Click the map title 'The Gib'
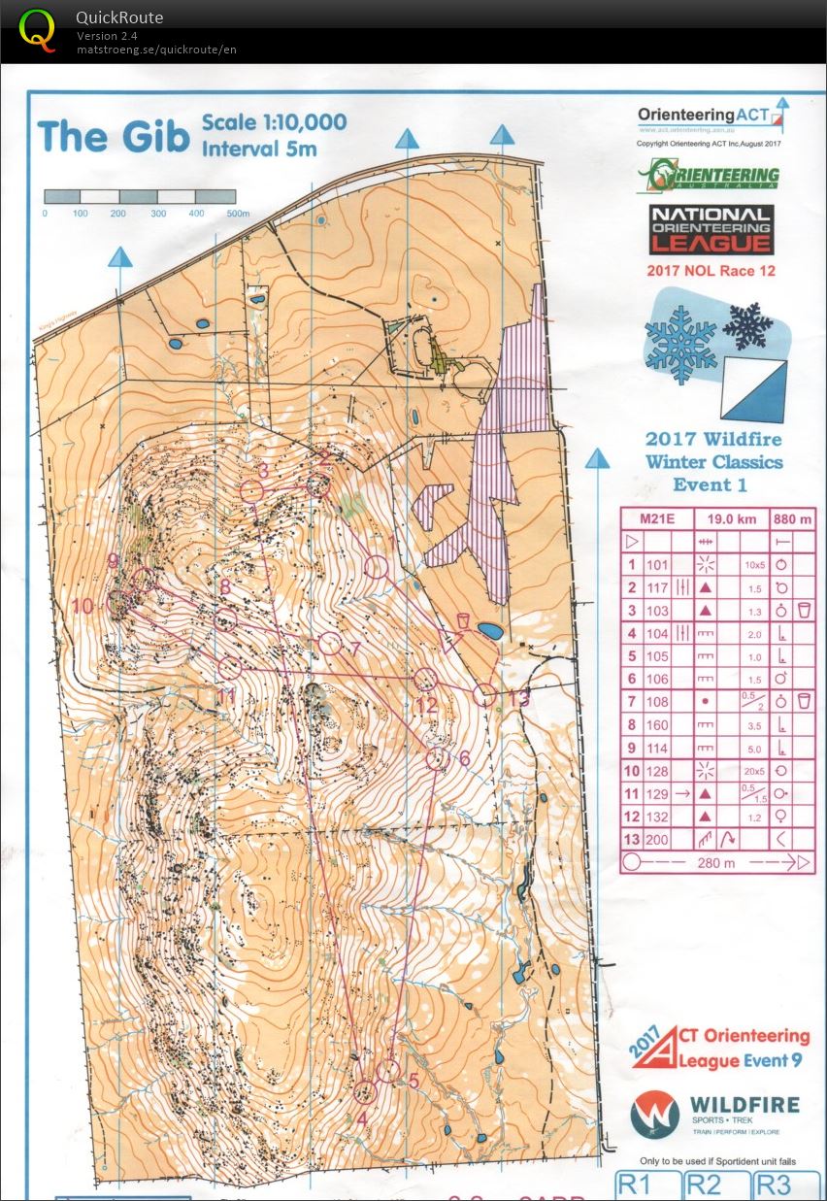pos(113,136)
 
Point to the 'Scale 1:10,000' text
pos(274,123)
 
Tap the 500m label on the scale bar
pos(238,214)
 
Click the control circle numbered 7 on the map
pos(331,644)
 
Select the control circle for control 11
pos(230,667)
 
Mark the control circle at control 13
pos(485,695)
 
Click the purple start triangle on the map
pos(451,642)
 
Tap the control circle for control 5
pos(388,1071)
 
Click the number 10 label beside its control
pos(83,607)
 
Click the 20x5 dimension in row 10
pos(753,771)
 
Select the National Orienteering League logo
pos(711,231)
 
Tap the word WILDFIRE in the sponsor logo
pos(744,1105)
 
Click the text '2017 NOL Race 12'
pos(711,271)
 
